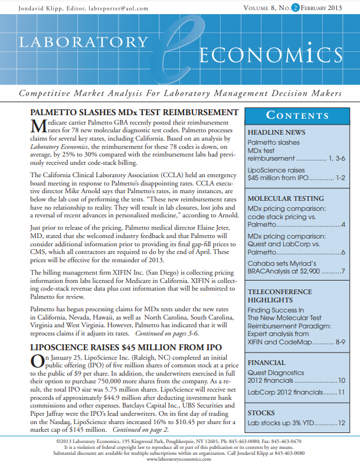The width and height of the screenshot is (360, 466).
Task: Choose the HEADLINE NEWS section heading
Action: pos(276,132)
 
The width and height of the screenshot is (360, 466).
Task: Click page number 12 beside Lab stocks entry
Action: pos(341,423)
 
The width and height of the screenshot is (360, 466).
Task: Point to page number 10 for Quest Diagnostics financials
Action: pos(341,382)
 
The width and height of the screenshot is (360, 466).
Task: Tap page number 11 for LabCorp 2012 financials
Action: pos(341,392)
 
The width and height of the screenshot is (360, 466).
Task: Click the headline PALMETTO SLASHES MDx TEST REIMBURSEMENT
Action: pos(134,113)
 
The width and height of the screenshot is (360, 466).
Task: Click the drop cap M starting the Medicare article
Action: pos(38,125)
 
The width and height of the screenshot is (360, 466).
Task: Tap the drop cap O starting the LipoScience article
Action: pos(36,361)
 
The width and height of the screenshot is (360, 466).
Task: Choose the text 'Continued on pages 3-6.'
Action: pos(168,333)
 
